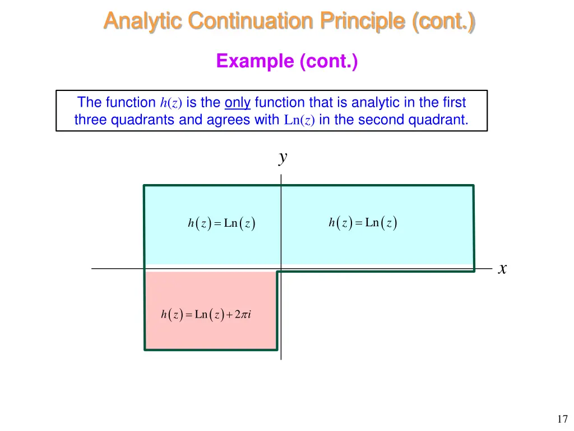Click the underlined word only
pyautogui.click(x=237, y=103)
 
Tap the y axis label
pyautogui.click(x=283, y=158)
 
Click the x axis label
pyautogui.click(x=502, y=269)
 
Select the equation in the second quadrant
pyautogui.click(x=221, y=223)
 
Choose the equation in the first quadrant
pyautogui.click(x=363, y=223)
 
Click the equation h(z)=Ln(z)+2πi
pyautogui.click(x=206, y=315)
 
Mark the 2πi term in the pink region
pyautogui.click(x=242, y=315)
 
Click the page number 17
pyautogui.click(x=562, y=419)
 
